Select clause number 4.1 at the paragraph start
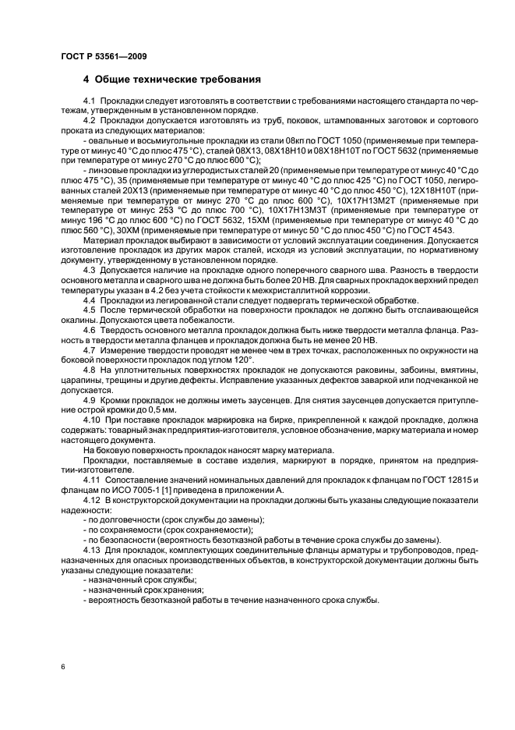(x=90, y=102)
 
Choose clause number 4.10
(x=91, y=420)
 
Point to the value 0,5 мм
(x=161, y=409)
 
